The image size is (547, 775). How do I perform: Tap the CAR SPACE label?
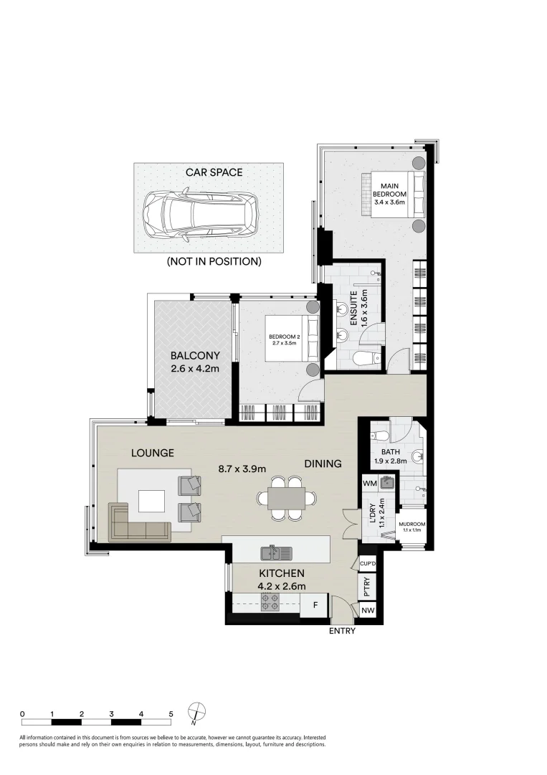(214, 172)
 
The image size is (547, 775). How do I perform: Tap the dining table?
(286, 497)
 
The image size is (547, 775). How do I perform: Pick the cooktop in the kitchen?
(270, 603)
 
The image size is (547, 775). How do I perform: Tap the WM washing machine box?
(370, 484)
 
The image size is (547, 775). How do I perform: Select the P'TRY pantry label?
(367, 588)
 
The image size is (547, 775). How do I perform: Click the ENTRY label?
(342, 631)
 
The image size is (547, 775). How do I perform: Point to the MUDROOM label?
(412, 525)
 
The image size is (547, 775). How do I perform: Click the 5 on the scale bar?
(171, 714)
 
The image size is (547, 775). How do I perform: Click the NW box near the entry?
(368, 611)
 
